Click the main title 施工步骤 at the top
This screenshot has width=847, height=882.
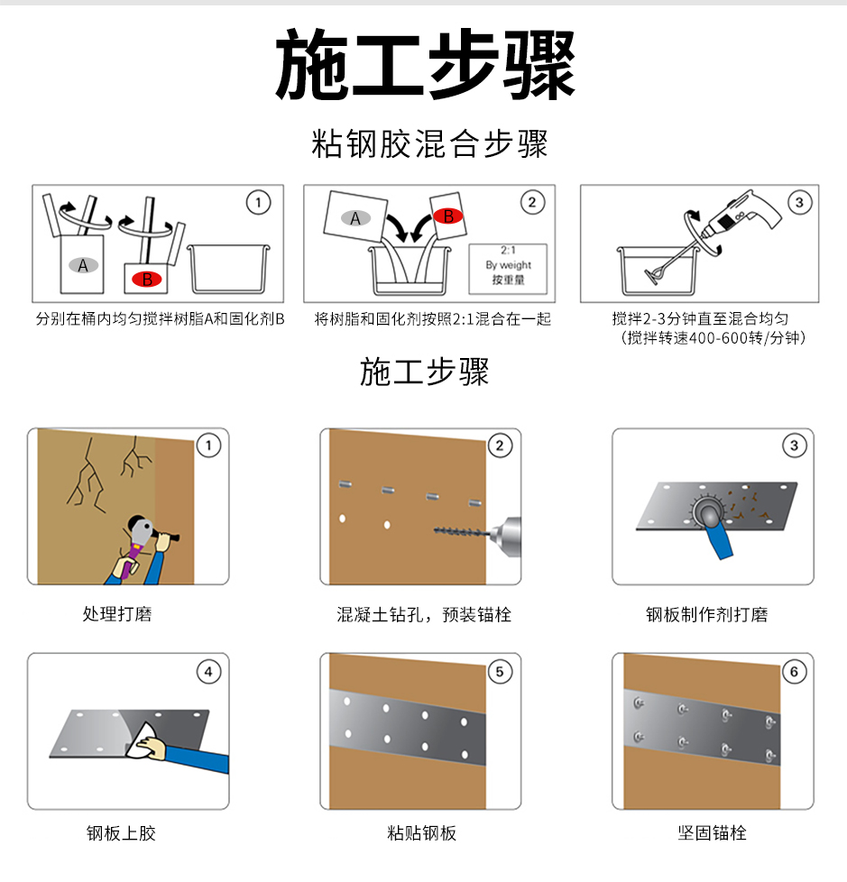(424, 66)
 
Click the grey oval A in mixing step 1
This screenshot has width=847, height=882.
(83, 265)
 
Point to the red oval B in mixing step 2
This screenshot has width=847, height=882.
(447, 216)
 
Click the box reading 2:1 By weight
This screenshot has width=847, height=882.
(508, 265)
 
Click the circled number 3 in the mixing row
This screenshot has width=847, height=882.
(799, 203)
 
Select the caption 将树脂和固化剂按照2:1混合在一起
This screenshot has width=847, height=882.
(432, 319)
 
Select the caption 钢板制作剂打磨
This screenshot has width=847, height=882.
(706, 614)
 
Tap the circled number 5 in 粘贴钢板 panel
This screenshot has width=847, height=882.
(500, 671)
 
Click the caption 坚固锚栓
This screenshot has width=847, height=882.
(712, 832)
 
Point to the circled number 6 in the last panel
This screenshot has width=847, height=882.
(793, 671)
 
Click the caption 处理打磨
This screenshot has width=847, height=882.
(117, 614)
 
